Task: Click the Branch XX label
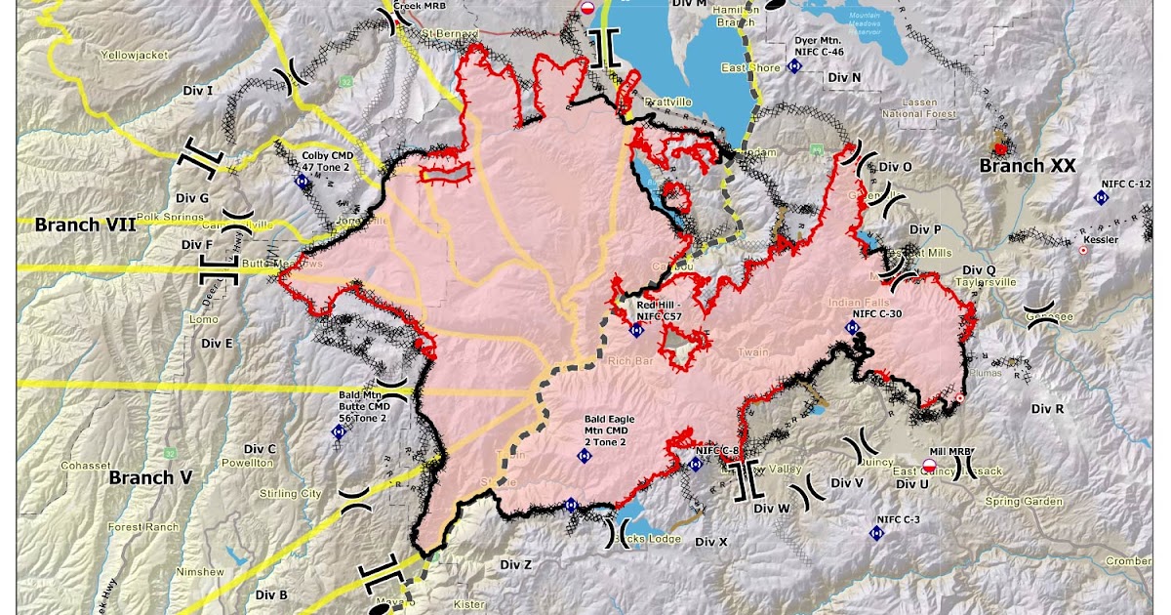[1028, 167]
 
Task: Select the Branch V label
[150, 477]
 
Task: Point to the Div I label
[198, 91]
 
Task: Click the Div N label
[843, 77]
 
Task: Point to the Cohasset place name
[87, 465]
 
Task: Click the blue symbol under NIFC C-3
[876, 534]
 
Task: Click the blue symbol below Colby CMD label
[302, 181]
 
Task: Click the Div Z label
[515, 564]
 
